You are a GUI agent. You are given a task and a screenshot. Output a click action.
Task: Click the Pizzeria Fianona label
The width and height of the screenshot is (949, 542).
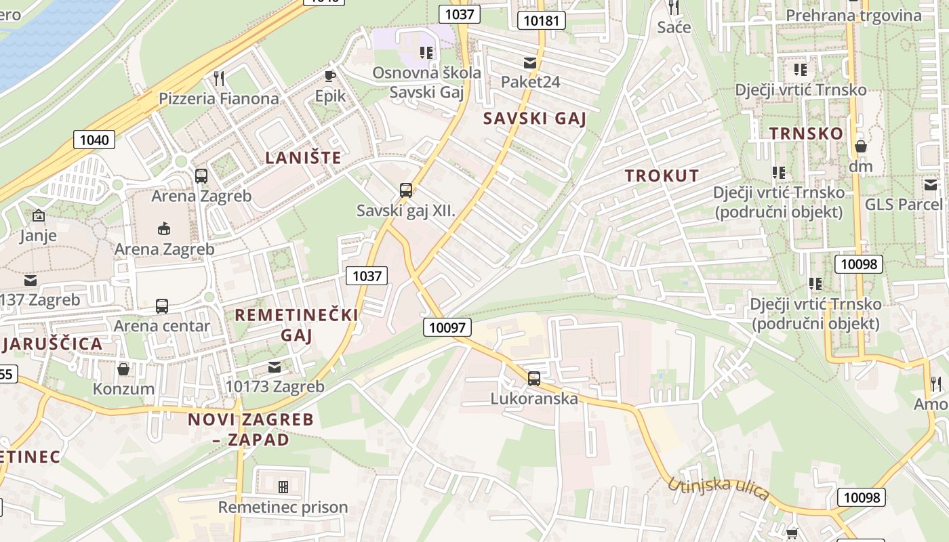tap(218, 98)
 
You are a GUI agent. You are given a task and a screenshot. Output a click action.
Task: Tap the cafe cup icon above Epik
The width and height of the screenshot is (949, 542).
tap(330, 76)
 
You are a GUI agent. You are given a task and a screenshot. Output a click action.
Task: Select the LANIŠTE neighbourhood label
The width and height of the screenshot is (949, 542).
tap(303, 158)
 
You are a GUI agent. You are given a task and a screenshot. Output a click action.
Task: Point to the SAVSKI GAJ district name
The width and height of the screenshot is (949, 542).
tap(534, 119)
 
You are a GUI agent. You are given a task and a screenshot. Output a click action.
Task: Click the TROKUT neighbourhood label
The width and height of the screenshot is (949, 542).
tap(662, 175)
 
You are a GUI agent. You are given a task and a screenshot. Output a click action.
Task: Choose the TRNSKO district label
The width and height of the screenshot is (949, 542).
tap(806, 133)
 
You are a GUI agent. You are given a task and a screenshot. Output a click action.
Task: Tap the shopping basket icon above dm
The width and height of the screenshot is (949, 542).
tap(861, 146)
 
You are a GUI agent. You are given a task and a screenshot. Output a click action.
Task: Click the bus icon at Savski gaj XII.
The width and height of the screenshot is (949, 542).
tap(406, 190)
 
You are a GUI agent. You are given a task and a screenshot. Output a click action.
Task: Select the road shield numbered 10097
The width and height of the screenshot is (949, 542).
tap(447, 328)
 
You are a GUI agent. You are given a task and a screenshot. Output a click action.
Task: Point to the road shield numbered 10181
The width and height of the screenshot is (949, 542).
tap(542, 20)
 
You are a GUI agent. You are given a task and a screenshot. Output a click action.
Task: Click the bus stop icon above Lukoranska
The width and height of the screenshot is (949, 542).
tap(534, 378)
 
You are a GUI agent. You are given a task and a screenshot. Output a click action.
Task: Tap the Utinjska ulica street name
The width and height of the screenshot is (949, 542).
tap(718, 488)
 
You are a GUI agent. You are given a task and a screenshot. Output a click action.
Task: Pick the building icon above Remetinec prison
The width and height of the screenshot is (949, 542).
tap(283, 486)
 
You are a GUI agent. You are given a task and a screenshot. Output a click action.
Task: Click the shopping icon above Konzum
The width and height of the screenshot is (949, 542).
tap(123, 369)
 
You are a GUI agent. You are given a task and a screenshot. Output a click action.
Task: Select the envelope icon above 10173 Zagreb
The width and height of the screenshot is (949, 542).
tap(275, 367)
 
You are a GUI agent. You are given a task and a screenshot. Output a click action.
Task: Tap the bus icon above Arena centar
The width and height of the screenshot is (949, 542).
tap(162, 306)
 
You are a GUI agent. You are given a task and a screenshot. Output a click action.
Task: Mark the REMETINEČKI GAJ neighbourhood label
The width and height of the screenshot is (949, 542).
tap(296, 325)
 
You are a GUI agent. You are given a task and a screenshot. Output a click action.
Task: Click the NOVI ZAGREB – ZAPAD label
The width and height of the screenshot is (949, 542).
tap(251, 429)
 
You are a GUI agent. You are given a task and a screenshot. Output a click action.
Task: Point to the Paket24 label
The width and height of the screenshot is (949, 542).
tap(530, 82)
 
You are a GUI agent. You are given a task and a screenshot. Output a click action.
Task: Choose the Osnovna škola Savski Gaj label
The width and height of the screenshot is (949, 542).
tap(427, 82)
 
